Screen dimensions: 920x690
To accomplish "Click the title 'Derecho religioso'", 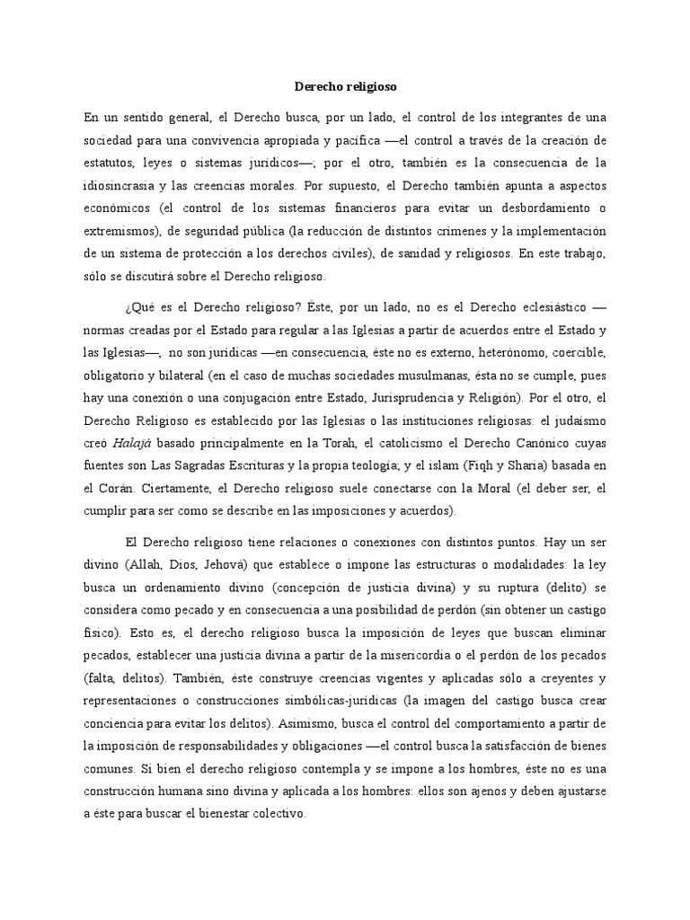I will pos(345,87).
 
